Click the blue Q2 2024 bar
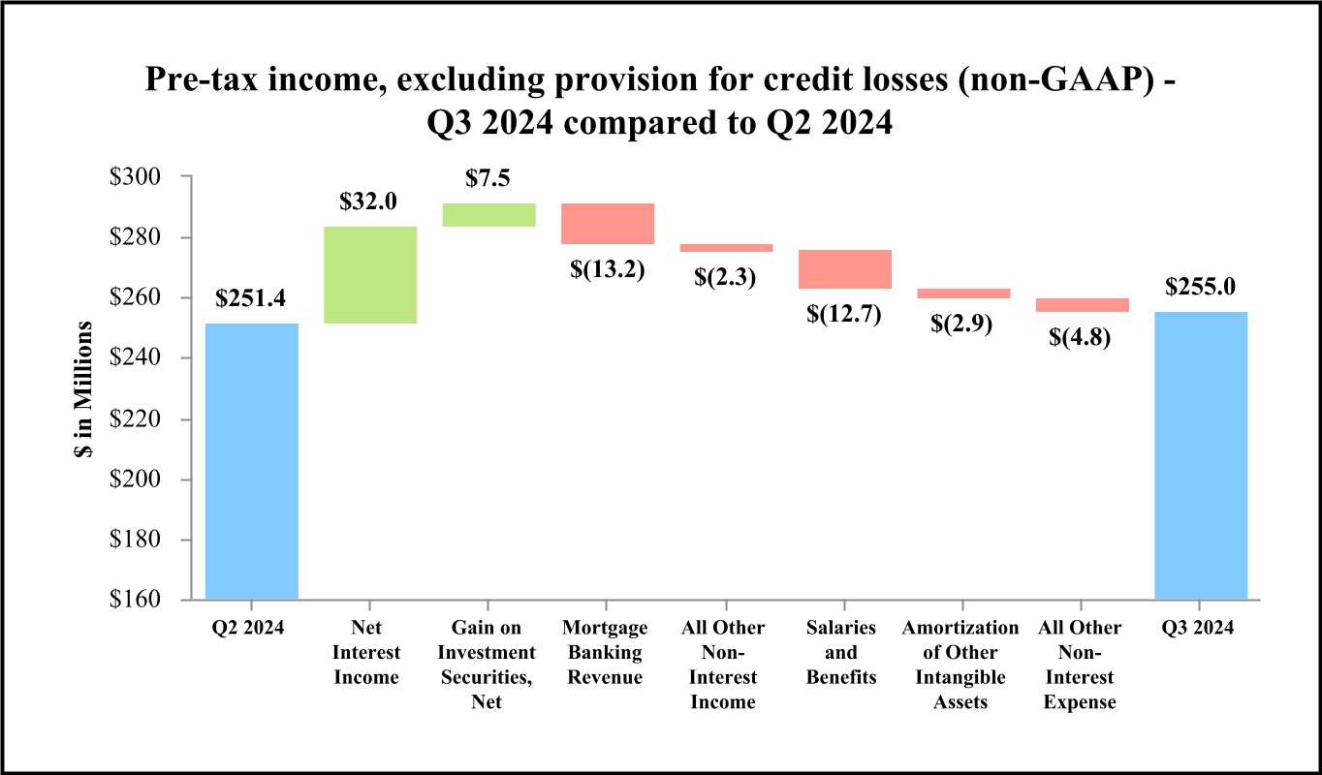click(x=252, y=461)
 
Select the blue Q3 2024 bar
click(x=1201, y=455)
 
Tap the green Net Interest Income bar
click(x=370, y=275)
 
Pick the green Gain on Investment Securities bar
click(x=488, y=215)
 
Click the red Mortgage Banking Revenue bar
click(x=608, y=224)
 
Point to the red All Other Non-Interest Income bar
click(x=726, y=248)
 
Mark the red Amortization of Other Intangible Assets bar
click(x=963, y=294)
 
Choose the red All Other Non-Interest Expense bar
click(x=1082, y=305)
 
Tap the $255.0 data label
click(x=1201, y=288)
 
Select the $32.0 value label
click(x=369, y=202)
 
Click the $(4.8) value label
click(x=1082, y=338)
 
